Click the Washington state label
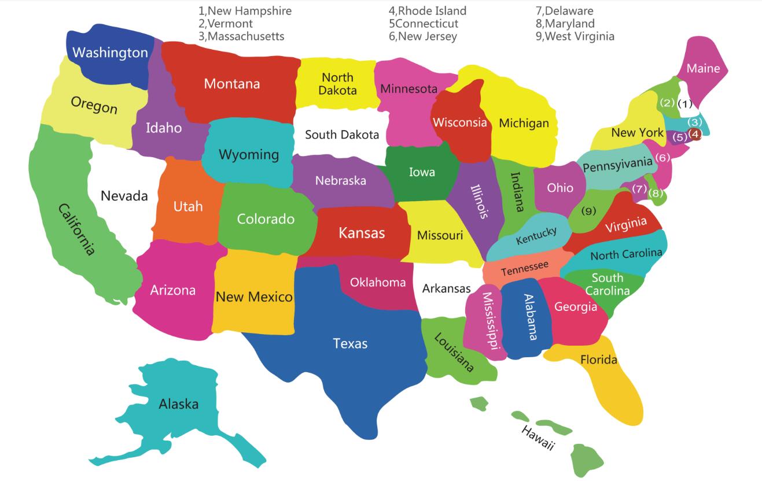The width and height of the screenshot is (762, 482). point(110,53)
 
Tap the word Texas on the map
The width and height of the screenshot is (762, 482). point(350,344)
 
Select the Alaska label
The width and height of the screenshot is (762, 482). point(178,404)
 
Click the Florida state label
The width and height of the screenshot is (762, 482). point(598,360)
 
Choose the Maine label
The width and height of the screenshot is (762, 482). point(703,69)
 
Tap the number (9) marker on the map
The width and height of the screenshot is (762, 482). point(588,211)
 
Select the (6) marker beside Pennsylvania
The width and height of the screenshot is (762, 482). point(662,157)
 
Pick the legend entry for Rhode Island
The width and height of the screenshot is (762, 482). point(427,11)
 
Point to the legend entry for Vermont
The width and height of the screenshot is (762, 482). point(225,24)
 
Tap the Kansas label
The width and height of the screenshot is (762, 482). point(362,233)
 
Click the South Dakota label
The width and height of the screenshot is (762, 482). point(342,135)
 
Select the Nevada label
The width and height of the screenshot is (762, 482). point(124,196)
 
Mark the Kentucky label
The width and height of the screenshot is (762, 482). point(536,235)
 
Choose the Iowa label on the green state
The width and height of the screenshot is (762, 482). point(422,172)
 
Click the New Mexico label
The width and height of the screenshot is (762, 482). point(254,297)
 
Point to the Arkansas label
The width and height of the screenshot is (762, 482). point(446,288)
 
